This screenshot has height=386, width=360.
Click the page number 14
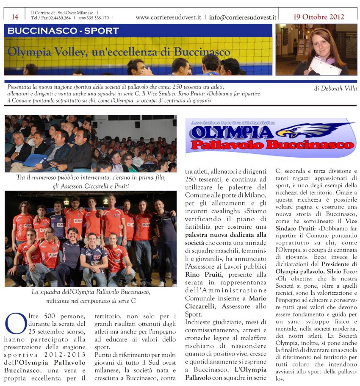point(15,17)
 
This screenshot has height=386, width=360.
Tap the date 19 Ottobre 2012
point(318,17)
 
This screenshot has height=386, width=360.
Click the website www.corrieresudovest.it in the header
point(169,18)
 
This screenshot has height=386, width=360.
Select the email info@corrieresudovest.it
point(242,18)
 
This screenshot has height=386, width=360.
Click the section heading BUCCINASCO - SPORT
point(63,31)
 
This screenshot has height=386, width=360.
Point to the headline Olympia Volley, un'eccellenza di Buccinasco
point(119,52)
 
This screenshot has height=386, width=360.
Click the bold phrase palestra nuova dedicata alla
point(225,234)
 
